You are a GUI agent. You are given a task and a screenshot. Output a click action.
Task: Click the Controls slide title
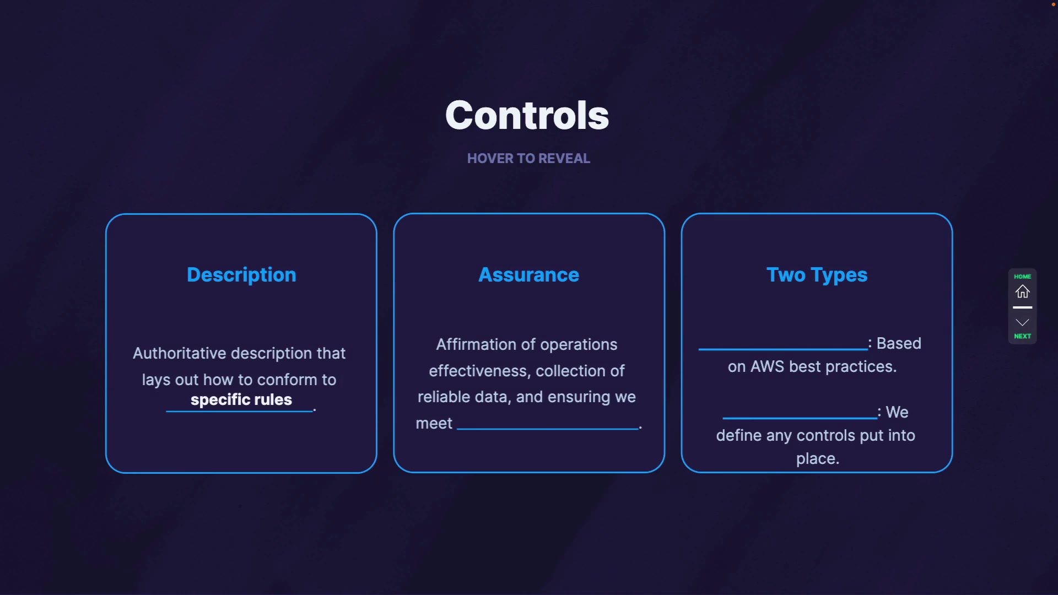coord(527,115)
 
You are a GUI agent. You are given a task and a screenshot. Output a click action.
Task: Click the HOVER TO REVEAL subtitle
coord(528,159)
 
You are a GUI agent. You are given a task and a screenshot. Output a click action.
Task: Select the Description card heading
coord(241,275)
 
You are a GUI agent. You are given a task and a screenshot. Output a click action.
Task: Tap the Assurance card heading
coord(528,275)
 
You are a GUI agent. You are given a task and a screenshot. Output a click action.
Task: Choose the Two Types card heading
coord(817,275)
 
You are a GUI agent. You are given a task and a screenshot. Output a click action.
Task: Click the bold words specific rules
coord(241,399)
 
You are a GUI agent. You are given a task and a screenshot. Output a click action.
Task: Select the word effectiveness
coord(478,371)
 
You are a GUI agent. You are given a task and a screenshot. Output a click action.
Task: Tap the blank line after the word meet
coord(548,429)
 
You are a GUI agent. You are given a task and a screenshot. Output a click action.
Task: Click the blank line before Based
coord(783,349)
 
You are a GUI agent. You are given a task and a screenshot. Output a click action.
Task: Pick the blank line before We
coord(800,418)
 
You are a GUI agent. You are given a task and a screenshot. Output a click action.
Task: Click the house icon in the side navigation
coord(1023,291)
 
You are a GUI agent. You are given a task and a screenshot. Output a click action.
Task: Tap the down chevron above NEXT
coord(1023,322)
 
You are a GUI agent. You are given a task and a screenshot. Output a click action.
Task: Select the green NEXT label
coord(1023,336)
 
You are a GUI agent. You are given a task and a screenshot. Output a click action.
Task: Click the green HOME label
coord(1023,277)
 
